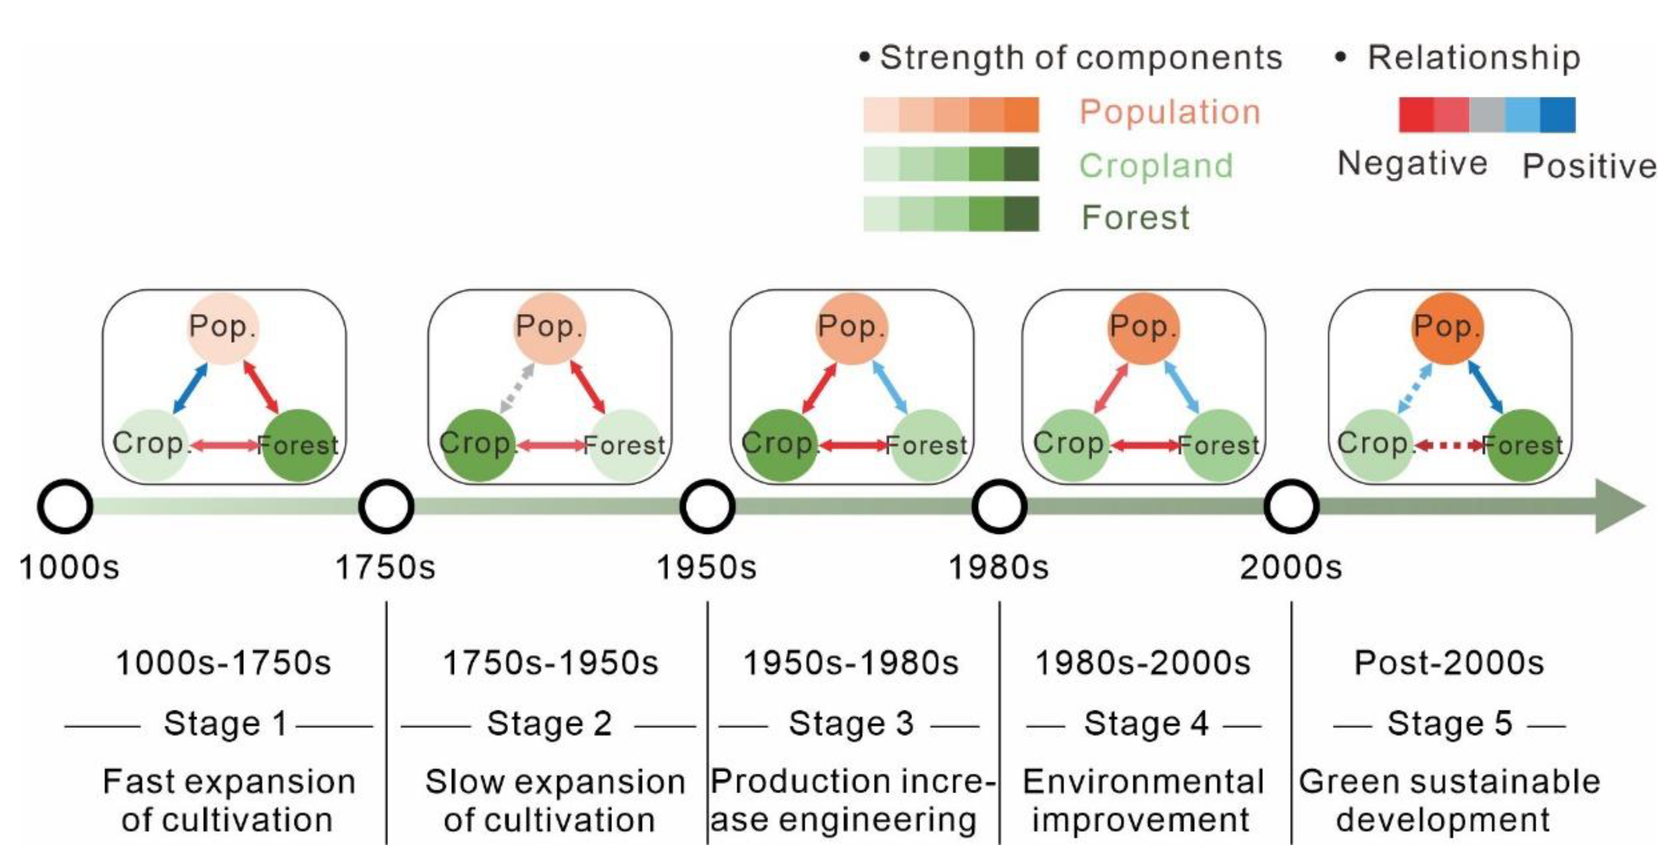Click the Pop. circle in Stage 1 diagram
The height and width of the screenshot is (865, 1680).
[223, 328]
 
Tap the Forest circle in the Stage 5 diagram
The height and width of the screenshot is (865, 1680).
[1522, 446]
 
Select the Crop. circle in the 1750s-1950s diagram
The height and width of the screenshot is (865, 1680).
[478, 446]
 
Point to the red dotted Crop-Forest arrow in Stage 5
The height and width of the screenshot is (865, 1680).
[1449, 446]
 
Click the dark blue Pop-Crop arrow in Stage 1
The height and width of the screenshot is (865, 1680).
[190, 388]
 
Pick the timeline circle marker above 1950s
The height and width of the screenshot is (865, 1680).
[707, 506]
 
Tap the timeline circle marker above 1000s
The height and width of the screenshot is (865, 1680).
[65, 506]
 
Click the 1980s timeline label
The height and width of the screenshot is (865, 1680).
[998, 567]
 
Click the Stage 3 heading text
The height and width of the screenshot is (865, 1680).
[851, 723]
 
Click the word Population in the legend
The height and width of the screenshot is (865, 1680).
[1170, 112]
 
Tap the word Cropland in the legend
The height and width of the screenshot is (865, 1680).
[1156, 166]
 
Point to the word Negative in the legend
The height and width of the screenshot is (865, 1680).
[1412, 163]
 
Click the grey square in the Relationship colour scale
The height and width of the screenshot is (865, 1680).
[1487, 115]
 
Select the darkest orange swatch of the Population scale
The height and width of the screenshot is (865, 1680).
[1021, 115]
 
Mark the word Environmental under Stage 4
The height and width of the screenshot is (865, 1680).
[1143, 781]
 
